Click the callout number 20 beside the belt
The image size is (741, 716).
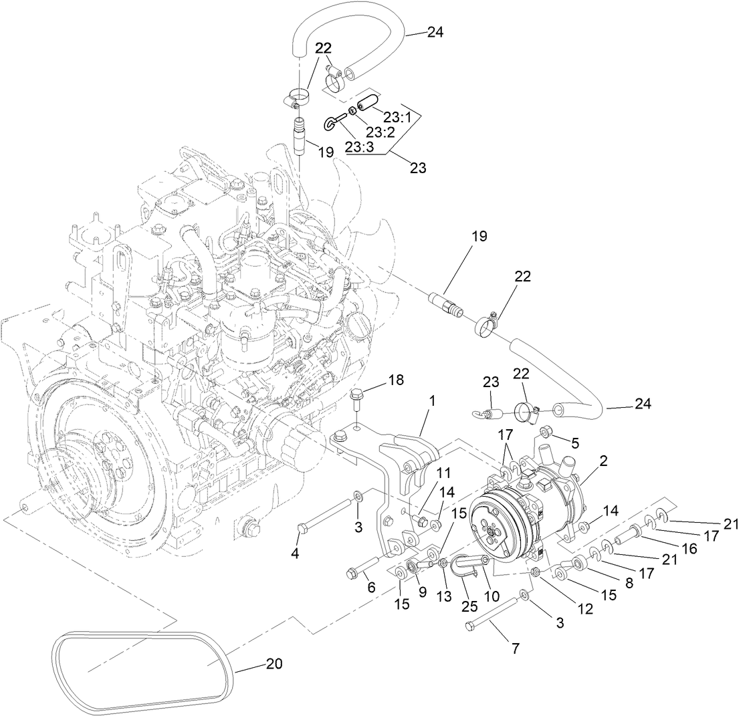tap(274, 664)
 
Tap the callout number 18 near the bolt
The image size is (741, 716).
tap(396, 380)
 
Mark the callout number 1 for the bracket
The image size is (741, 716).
tap(432, 401)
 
